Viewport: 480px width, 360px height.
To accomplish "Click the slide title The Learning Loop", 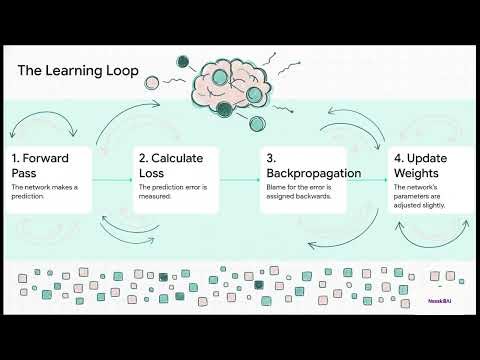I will pos(79,71).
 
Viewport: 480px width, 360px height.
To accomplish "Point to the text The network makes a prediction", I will pos(45,192).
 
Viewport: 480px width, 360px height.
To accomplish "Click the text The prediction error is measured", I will pos(172,192).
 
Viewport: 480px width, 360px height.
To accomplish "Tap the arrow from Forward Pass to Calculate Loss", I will pos(112,180).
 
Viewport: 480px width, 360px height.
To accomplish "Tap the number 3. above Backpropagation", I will pos(270,158).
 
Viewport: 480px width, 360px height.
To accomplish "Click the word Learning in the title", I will pos(77,71).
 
